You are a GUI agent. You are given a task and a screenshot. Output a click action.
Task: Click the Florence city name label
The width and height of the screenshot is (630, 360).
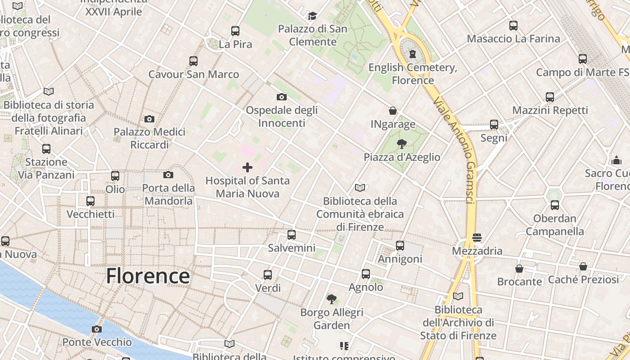coord(148,276)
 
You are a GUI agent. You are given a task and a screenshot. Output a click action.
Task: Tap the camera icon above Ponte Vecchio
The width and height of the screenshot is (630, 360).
coord(97,329)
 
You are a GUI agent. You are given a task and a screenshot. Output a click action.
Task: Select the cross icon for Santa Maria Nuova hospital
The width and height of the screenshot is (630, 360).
coord(247,168)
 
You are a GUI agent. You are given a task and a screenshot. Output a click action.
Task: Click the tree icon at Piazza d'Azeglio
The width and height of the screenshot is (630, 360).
coord(402,144)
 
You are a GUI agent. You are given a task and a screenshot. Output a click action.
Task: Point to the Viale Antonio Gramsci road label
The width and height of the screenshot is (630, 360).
coord(455,149)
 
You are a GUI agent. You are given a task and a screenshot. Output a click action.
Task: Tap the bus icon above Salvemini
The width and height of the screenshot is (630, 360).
coord(292,234)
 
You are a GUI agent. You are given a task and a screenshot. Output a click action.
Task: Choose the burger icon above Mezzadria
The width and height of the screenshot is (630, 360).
coord(477,237)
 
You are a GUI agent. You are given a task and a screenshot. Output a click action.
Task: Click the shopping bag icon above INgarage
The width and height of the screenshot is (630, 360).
coord(393,111)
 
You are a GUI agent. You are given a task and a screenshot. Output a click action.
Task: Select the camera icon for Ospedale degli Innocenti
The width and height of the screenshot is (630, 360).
coord(282,97)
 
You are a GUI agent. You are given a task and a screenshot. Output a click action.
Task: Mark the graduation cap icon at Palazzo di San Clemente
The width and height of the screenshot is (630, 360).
coord(312,16)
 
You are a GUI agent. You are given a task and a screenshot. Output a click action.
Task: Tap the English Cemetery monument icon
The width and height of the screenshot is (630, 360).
coord(413,54)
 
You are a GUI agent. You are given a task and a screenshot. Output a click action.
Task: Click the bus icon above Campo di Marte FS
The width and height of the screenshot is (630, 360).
coord(583,58)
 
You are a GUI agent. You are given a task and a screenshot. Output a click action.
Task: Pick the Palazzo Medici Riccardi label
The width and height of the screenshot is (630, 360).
coord(149,138)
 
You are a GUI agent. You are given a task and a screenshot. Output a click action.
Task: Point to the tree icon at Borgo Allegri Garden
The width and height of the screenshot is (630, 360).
coord(332,299)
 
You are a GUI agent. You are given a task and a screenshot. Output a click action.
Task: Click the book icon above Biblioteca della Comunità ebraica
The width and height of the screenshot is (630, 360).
coord(360,188)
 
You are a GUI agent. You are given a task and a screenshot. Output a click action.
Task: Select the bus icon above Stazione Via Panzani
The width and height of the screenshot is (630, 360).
coord(46,149)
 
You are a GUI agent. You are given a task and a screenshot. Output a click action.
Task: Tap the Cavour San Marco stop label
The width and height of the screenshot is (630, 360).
coord(193,74)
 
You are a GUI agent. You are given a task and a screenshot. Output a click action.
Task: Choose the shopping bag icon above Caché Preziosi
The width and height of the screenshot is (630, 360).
coord(583,266)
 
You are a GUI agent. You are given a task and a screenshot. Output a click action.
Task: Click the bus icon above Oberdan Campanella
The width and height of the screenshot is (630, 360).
coord(555,205)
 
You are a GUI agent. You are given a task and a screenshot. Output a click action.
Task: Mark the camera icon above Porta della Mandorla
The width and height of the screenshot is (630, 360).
coord(168,175)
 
